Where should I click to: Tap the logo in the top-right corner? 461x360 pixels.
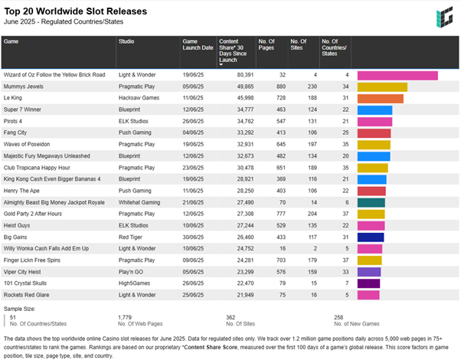pos(443,17)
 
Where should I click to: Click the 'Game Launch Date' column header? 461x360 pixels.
pos(198,47)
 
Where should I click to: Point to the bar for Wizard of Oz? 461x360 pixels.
pos(397,75)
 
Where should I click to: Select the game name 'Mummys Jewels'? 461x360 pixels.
pos(24,87)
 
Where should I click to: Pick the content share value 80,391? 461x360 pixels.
pos(243,75)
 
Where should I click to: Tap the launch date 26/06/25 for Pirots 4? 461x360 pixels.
pos(193,121)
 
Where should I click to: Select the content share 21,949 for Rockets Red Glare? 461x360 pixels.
pos(243,294)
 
